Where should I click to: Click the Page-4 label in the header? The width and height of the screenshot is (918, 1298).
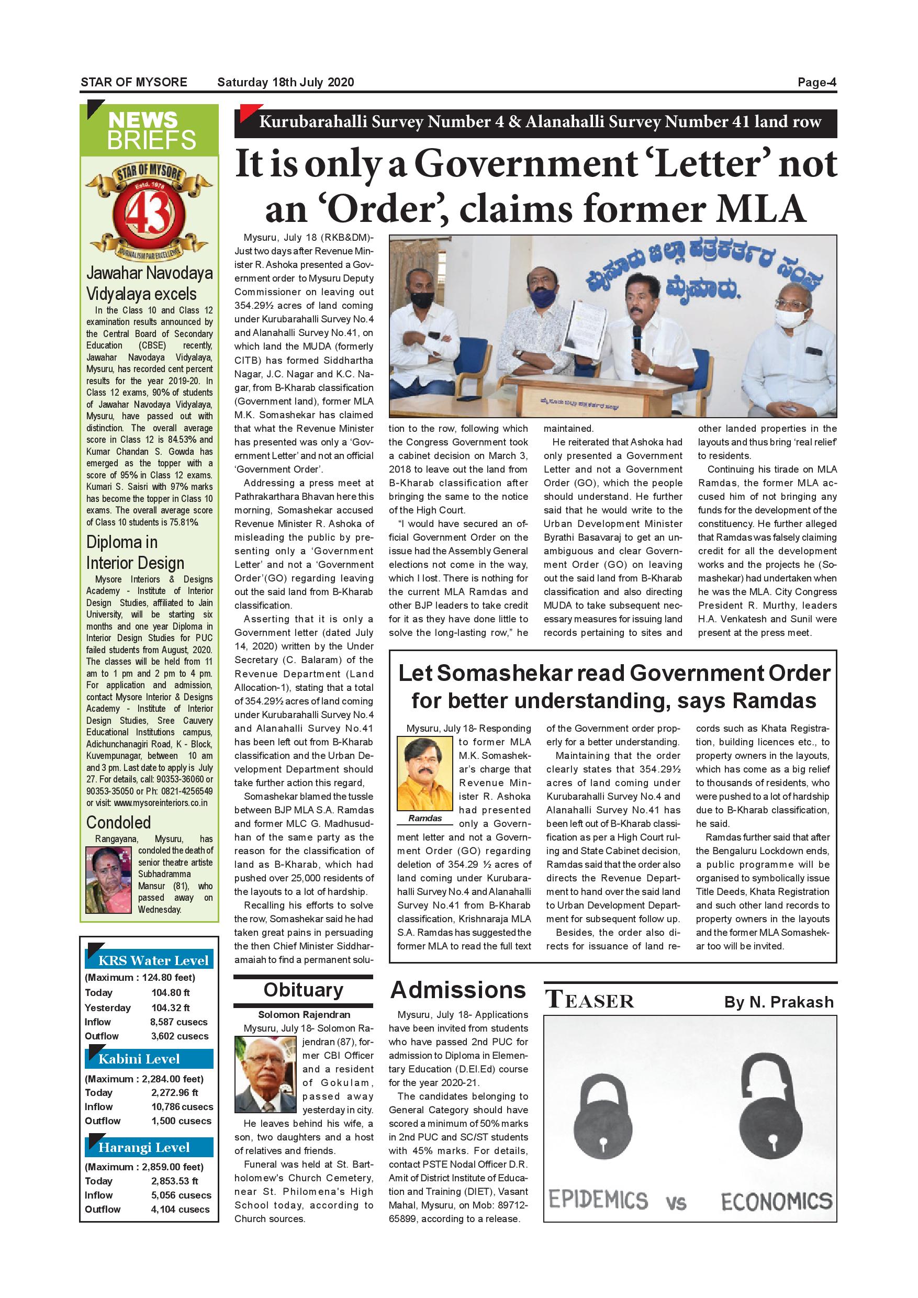(x=816, y=83)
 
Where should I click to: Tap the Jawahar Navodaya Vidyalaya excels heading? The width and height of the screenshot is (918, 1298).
(x=149, y=284)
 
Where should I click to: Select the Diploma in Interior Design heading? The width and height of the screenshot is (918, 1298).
(x=135, y=552)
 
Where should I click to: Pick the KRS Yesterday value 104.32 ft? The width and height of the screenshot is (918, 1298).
(x=170, y=1008)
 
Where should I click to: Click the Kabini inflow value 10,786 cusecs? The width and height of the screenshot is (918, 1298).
(x=182, y=1106)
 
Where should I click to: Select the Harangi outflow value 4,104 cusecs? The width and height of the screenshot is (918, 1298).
(x=180, y=1209)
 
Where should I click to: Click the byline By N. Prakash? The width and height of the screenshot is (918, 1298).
(x=778, y=1002)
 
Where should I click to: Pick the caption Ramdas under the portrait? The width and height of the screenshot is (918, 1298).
(x=425, y=818)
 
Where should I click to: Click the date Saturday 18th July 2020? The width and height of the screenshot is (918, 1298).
(x=285, y=83)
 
